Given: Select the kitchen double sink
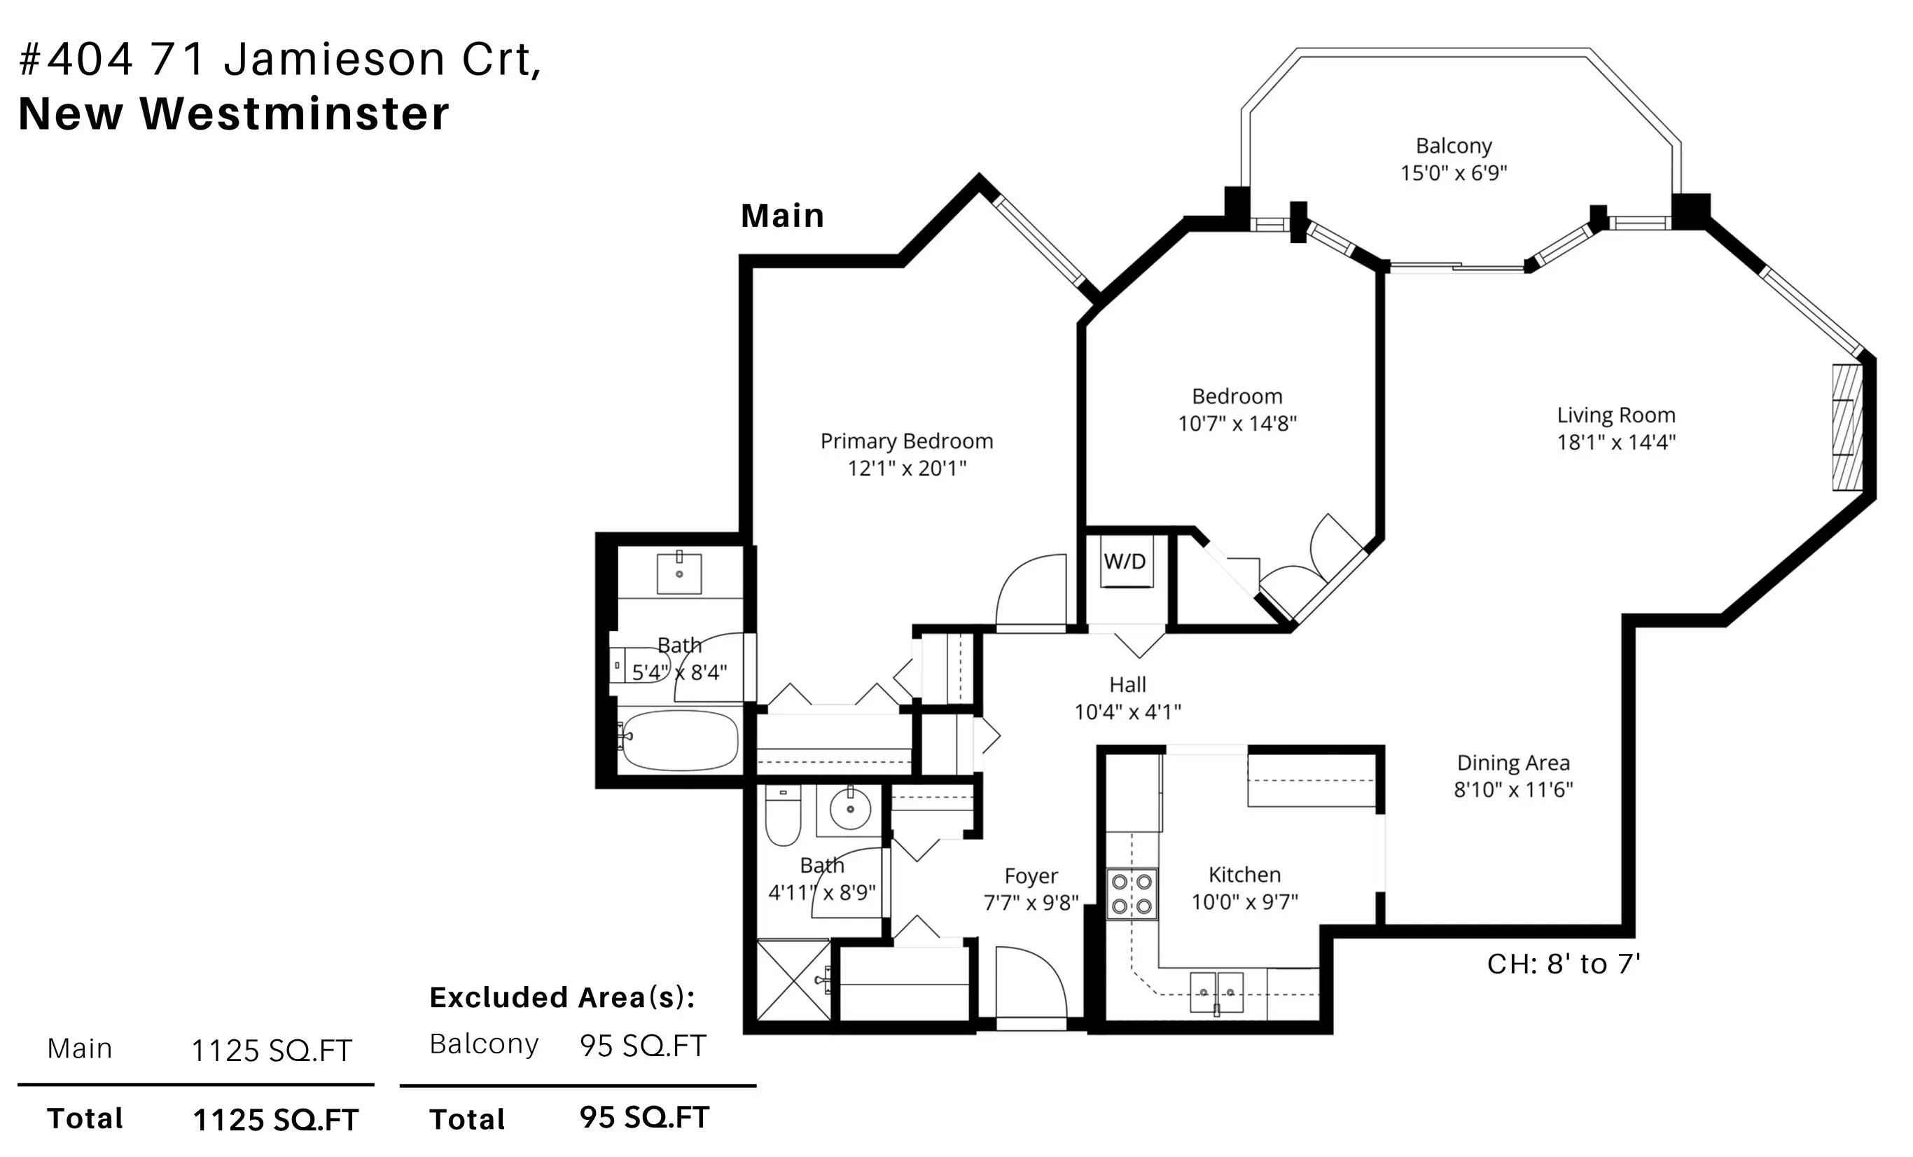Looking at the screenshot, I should pyautogui.click(x=1216, y=992).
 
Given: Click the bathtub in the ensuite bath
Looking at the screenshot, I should pyautogui.click(x=679, y=740).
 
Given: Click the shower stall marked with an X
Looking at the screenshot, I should pyautogui.click(x=793, y=979).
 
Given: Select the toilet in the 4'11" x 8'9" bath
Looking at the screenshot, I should pyautogui.click(x=783, y=816).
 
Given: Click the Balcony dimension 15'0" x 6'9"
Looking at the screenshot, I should pyautogui.click(x=1454, y=172).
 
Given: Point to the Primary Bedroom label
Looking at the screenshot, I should pyautogui.click(x=906, y=441).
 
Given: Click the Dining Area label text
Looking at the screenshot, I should pyautogui.click(x=1512, y=763).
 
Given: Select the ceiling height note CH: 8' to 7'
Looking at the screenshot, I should pyautogui.click(x=1563, y=964).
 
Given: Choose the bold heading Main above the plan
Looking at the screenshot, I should pyautogui.click(x=782, y=215).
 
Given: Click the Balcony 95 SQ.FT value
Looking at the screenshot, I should pyautogui.click(x=643, y=1046).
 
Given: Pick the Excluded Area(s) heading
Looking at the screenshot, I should pyautogui.click(x=562, y=997).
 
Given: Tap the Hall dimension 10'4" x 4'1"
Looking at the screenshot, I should pyautogui.click(x=1127, y=712).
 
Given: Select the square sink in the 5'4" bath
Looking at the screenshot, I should pyautogui.click(x=679, y=572).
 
